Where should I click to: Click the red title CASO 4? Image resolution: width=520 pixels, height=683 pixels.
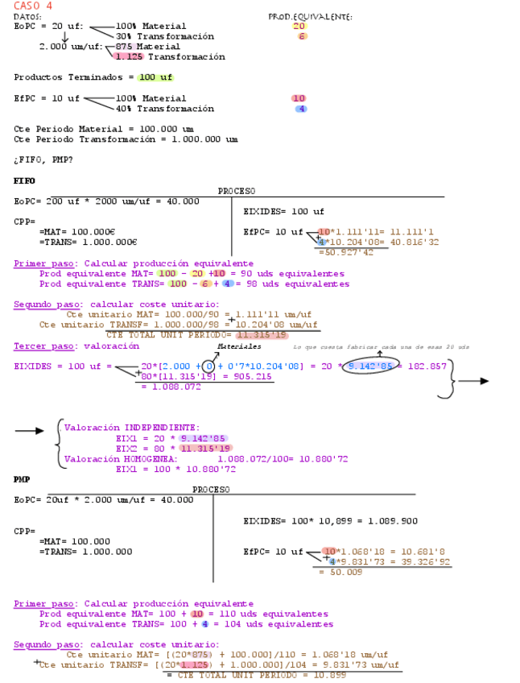pos(33,6)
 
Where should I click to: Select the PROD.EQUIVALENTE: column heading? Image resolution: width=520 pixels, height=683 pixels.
pos(310,16)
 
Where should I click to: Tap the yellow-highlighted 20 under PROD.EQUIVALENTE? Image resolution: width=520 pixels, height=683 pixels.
pos(299,27)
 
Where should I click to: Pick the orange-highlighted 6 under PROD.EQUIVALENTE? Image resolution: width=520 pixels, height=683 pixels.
pos(301,36)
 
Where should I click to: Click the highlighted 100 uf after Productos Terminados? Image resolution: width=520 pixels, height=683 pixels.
pos(155,77)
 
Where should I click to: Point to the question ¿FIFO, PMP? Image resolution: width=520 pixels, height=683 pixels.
pos(43,159)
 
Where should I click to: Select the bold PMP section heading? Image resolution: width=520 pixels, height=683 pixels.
pos(22,478)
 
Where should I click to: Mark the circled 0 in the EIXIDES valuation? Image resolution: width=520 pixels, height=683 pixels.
pos(208,366)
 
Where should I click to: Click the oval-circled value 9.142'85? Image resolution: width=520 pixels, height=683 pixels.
pos(373,366)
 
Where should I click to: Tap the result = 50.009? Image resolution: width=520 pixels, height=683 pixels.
pos(340,571)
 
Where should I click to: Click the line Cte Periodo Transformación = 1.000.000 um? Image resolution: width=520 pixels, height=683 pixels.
pos(126,139)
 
